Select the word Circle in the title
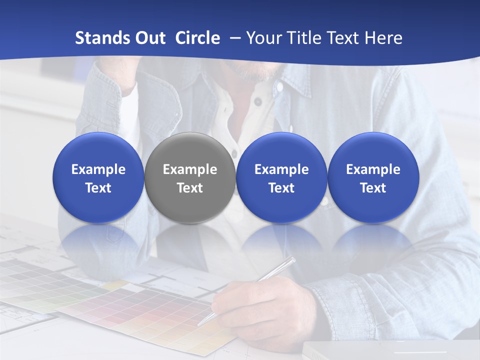(197, 38)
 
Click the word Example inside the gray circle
(190, 169)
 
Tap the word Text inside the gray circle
(190, 188)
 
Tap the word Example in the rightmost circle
(373, 169)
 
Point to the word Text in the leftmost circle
(98, 188)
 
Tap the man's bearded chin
(255, 72)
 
